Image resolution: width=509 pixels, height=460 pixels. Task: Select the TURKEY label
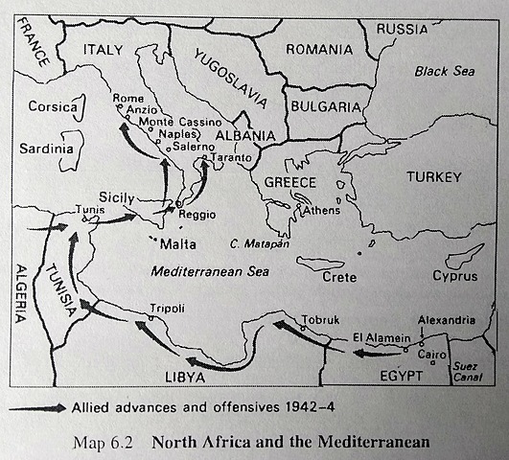pyautogui.click(x=433, y=177)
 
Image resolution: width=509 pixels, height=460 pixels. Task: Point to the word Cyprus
pyautogui.click(x=453, y=276)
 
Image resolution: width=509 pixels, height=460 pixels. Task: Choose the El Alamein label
pyautogui.click(x=382, y=336)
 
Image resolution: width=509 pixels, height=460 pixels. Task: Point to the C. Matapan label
pyautogui.click(x=259, y=243)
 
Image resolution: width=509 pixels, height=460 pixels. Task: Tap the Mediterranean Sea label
pyautogui.click(x=210, y=272)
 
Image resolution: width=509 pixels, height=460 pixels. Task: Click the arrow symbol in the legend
pyautogui.click(x=37, y=407)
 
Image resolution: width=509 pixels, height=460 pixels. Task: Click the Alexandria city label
pyautogui.click(x=446, y=319)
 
